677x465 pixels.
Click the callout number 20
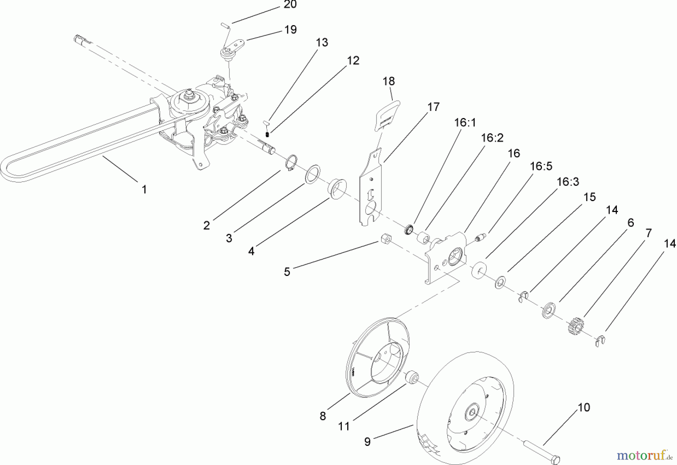(290, 5)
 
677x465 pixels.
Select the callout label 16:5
(541, 166)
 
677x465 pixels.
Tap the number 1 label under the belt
(144, 189)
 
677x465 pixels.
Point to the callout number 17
(433, 107)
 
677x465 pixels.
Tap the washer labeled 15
(500, 282)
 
